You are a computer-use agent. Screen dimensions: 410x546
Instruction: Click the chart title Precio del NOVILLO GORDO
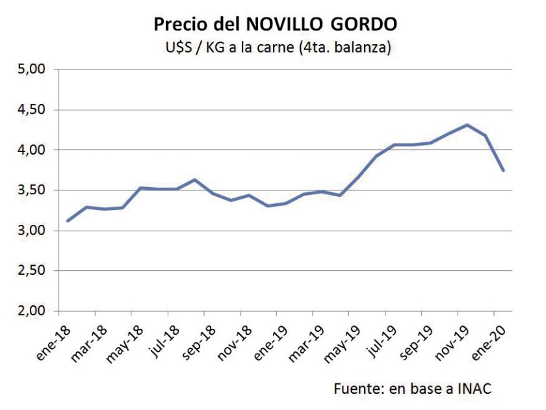(276, 25)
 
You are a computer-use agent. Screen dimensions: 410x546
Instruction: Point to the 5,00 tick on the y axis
(30, 70)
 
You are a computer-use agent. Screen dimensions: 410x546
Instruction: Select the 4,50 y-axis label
(30, 110)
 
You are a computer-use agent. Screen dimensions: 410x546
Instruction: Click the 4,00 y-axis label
(30, 150)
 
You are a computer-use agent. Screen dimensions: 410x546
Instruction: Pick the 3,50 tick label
(30, 190)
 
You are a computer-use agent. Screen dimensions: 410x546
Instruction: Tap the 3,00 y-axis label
(30, 231)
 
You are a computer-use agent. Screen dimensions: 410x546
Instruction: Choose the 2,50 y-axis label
(30, 271)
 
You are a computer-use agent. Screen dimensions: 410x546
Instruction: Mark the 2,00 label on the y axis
(30, 311)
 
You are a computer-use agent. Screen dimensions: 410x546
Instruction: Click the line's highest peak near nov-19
(467, 125)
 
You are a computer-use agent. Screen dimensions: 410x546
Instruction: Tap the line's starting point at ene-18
(68, 221)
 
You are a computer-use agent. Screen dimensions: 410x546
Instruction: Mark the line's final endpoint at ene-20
(503, 170)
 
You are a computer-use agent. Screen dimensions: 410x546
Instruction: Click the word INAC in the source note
(473, 389)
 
